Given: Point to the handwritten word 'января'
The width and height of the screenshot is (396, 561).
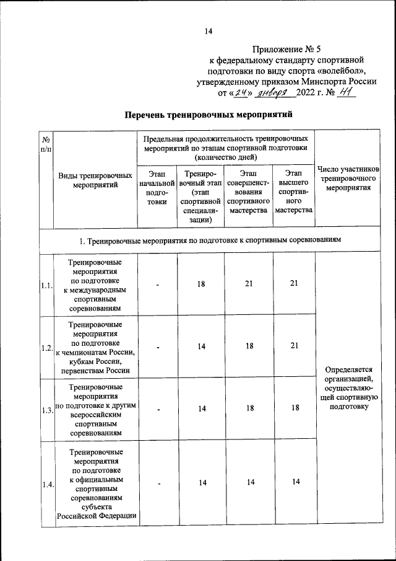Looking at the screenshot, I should click(x=273, y=93).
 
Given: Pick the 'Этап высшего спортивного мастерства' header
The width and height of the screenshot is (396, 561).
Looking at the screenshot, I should click(x=294, y=193).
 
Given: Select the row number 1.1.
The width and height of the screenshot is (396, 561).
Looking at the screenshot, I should click(x=46, y=286).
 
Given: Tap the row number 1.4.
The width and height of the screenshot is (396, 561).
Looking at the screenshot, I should click(x=46, y=485).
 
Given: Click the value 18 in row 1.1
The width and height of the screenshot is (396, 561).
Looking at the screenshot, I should click(x=201, y=283).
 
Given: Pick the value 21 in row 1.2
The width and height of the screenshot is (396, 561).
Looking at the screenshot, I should click(x=294, y=347).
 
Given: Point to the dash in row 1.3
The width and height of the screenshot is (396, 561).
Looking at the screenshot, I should click(x=158, y=409).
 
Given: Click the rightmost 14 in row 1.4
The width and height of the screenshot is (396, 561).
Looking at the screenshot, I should click(x=294, y=482).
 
